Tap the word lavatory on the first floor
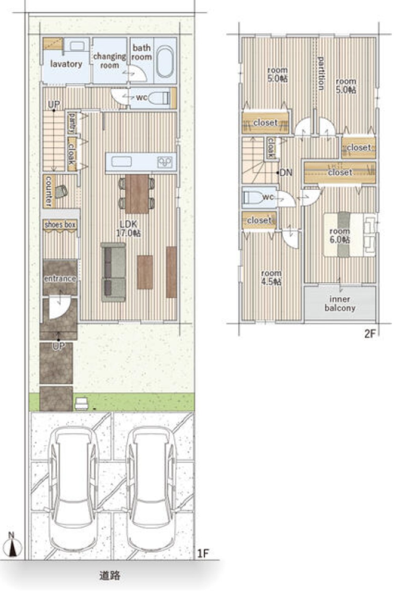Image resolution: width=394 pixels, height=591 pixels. coord(66,64)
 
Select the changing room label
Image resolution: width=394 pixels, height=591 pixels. coord(110,61)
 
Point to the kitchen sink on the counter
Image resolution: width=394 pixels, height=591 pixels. coord(121,162)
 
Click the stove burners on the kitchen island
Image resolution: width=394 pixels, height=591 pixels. coord(165,162)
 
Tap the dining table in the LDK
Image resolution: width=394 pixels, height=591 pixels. coord(137,194)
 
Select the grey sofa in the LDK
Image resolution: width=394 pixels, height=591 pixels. coord(113,273)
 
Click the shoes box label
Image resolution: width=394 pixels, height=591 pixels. coord(60,225)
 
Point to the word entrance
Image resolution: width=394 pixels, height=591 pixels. coord(60,279)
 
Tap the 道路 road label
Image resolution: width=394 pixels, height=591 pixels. coord(110,575)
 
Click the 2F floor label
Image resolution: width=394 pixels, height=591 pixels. coord(370,334)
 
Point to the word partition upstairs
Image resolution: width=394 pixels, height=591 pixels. coord(321,73)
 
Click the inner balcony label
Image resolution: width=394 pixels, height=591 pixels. coord(340,304)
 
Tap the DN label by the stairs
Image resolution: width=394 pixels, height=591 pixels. coord(286,173)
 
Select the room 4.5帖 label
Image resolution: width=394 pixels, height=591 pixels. coord(271,277)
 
